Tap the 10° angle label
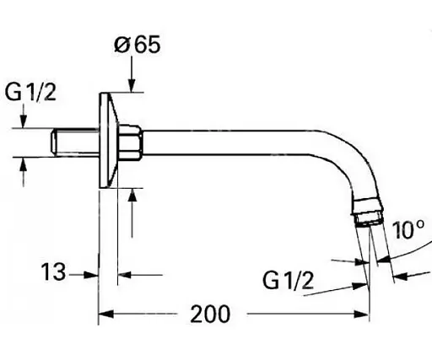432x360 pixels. click(407, 228)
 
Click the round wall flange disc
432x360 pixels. click(108, 138)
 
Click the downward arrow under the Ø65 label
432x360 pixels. click(132, 82)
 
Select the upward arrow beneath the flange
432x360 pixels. click(132, 196)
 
